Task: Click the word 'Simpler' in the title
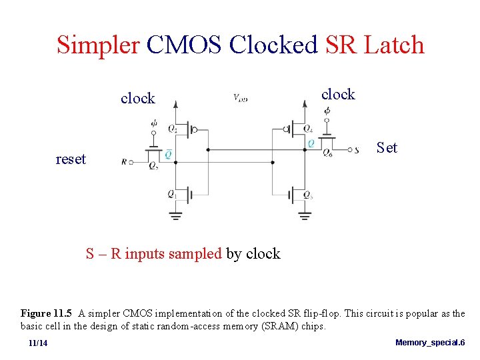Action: [x=98, y=45]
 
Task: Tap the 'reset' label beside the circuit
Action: [x=71, y=159]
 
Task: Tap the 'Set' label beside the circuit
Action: [x=387, y=147]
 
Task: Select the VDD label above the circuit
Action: [x=240, y=98]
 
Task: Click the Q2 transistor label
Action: [x=173, y=127]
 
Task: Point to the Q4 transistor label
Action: [x=307, y=129]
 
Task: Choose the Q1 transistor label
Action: [x=171, y=195]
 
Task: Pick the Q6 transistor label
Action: [x=327, y=153]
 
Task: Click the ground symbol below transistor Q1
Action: [x=175, y=215]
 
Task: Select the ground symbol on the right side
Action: [x=305, y=215]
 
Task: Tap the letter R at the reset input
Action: [x=125, y=161]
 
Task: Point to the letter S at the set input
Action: [x=357, y=151]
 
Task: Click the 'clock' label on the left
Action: [x=137, y=99]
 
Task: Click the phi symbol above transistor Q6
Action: [x=327, y=111]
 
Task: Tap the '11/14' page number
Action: [x=38, y=343]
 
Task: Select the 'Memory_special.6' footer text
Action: [x=430, y=342]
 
